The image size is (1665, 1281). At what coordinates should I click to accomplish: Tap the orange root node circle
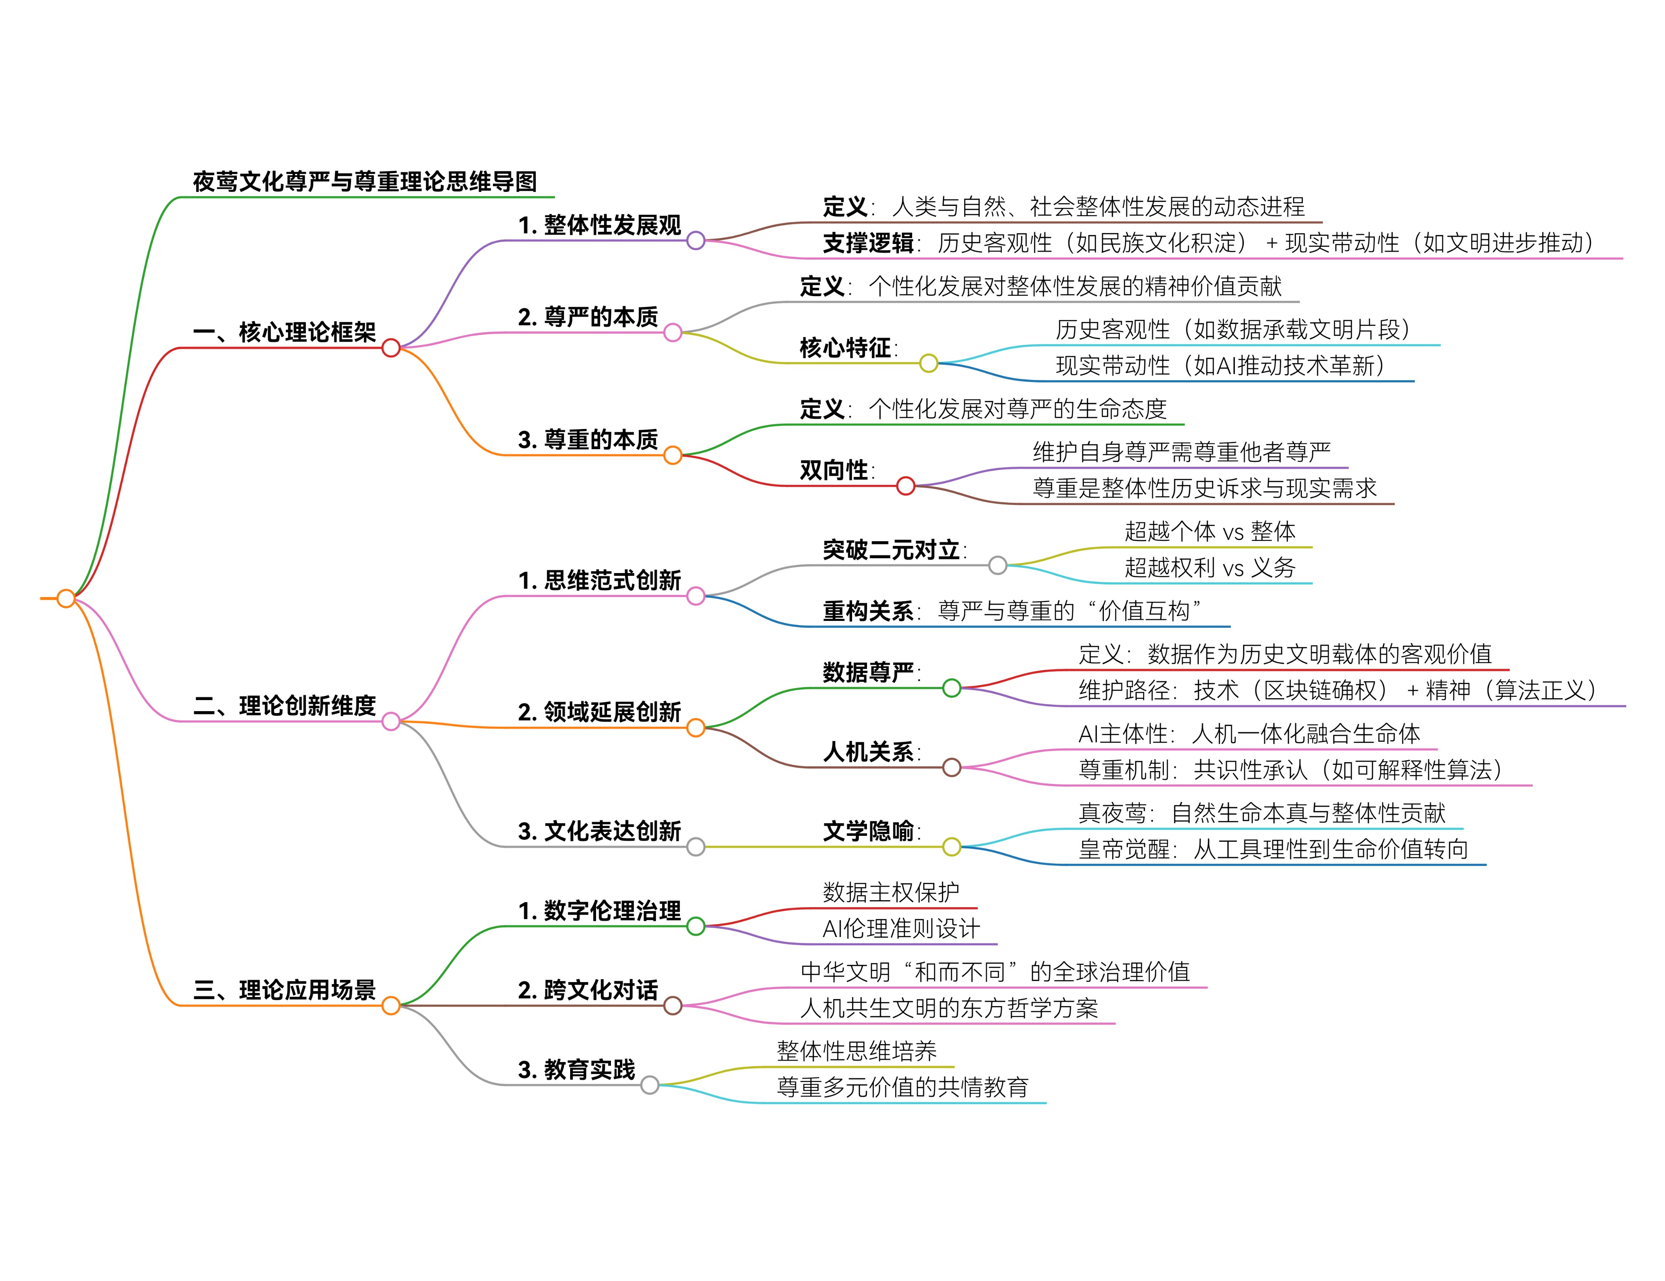(x=66, y=599)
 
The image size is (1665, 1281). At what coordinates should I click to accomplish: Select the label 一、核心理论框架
(x=284, y=333)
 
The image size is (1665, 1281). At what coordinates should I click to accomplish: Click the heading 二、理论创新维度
(x=284, y=706)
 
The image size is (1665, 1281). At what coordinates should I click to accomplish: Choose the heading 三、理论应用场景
(x=284, y=990)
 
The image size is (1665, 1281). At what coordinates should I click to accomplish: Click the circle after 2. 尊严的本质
(x=673, y=333)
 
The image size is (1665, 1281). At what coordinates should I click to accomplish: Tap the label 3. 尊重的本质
(x=588, y=440)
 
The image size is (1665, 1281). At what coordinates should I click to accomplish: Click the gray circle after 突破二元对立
(x=997, y=566)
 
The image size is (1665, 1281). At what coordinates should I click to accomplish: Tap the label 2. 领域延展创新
(x=599, y=712)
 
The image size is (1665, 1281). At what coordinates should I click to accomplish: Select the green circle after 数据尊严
(x=951, y=688)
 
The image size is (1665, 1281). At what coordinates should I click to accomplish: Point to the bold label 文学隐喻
(x=868, y=831)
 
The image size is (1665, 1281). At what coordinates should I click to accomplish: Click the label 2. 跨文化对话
(x=588, y=990)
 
